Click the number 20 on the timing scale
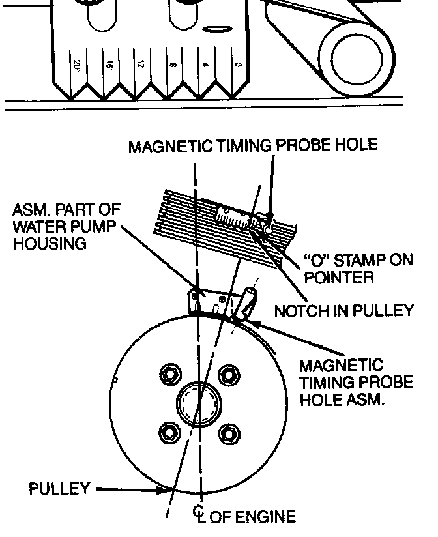point(77,65)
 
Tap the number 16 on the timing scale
point(109,65)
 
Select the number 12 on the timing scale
point(141,65)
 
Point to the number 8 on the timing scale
point(173,65)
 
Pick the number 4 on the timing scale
point(205,65)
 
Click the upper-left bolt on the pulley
point(170,375)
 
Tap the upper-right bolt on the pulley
point(227,375)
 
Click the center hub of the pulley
point(199,403)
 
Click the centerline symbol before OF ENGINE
point(199,517)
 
